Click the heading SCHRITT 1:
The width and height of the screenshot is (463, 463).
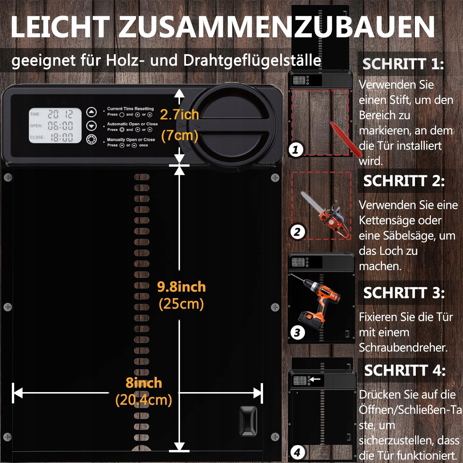(403, 64)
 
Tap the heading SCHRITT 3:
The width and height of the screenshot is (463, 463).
(404, 293)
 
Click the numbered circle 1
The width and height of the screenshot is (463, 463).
(295, 150)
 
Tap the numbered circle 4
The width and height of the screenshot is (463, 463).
(297, 452)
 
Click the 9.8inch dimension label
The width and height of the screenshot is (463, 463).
(181, 287)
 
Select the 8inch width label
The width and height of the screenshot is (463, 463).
(144, 383)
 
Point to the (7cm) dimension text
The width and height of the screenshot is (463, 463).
(179, 135)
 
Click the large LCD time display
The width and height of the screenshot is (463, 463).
(55, 126)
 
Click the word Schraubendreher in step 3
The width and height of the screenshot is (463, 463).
(403, 348)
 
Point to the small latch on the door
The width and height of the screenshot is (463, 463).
(248, 420)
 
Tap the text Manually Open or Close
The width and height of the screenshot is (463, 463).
(131, 139)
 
